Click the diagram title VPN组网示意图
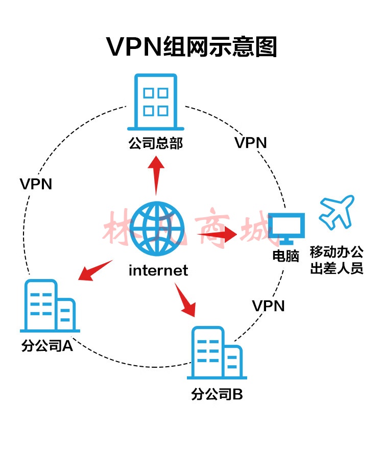point(192,46)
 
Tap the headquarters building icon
point(156,101)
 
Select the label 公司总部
point(156,143)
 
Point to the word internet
point(158,270)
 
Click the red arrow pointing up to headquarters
point(156,175)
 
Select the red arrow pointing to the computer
point(217,234)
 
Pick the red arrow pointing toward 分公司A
point(95,271)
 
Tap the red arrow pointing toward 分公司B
point(185,300)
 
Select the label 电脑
point(286,256)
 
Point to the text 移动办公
point(337,252)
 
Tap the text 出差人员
point(337,268)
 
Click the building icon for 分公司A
point(50,306)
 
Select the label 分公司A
point(47,346)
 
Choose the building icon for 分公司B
point(217,352)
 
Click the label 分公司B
point(217,394)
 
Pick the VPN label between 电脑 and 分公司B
point(268,306)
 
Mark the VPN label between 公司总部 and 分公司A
point(36,184)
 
